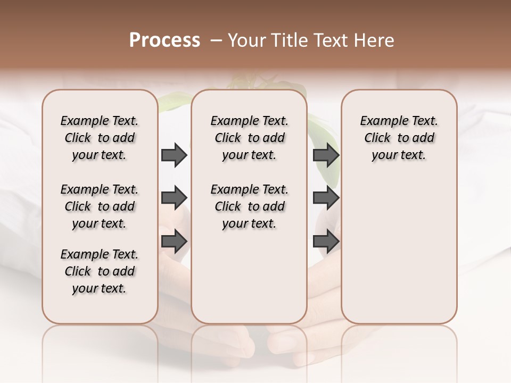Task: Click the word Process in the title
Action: [164, 40]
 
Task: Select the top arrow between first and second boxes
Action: [174, 155]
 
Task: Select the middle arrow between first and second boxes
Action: [174, 198]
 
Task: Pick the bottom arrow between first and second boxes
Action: [174, 241]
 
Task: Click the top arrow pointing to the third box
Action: [326, 155]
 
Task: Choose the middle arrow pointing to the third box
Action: [326, 198]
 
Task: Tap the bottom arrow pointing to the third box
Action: [326, 241]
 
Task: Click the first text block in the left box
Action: [100, 138]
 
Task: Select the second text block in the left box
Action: [100, 206]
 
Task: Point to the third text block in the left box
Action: [100, 271]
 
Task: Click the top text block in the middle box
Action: [249, 138]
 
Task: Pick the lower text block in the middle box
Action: [249, 206]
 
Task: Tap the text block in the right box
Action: [399, 138]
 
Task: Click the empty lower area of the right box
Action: [399, 250]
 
